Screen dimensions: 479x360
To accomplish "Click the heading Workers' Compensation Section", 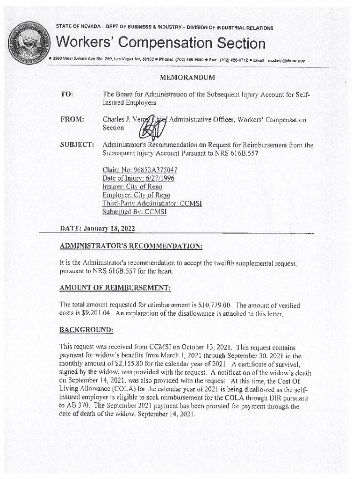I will click(x=160, y=44).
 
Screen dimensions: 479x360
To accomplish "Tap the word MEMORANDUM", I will click(x=187, y=77).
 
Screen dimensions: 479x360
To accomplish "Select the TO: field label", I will click(x=66, y=94).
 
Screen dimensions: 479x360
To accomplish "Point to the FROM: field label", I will click(x=72, y=120).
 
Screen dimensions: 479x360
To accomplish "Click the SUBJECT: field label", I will click(x=77, y=145).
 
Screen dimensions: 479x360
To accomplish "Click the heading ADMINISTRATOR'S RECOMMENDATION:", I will click(x=131, y=246).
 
